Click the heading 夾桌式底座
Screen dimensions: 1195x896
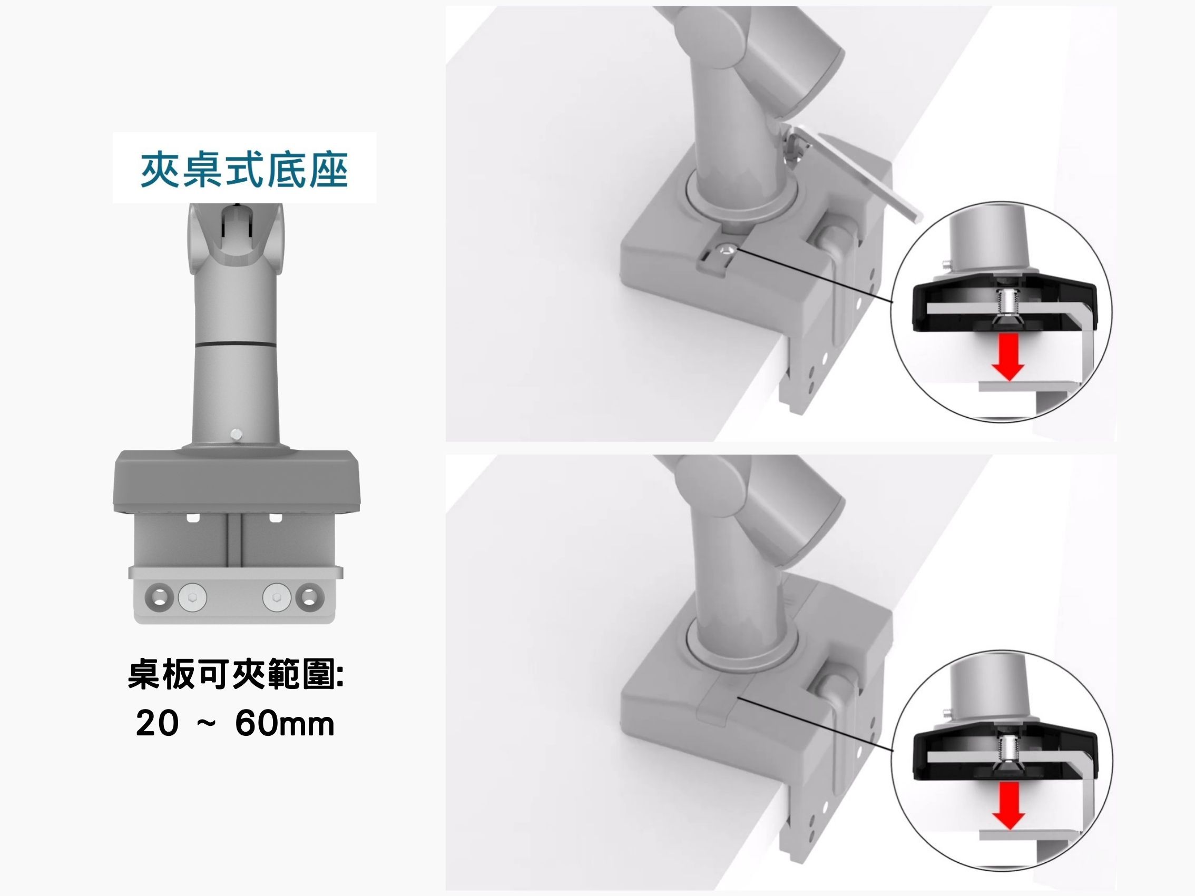(244, 169)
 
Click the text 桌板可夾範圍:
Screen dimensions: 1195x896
(236, 675)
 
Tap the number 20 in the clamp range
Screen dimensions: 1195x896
(157, 723)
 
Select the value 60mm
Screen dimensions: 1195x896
(285, 723)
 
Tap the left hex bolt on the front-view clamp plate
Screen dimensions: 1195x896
(192, 598)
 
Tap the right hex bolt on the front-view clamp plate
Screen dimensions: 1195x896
(277, 598)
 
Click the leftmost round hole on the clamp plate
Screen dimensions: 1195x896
(158, 598)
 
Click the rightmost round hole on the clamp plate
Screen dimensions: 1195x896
(310, 598)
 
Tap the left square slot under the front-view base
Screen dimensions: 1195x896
(193, 518)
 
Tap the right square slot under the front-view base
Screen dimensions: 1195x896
(276, 518)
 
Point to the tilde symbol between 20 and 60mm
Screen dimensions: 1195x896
(207, 724)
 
